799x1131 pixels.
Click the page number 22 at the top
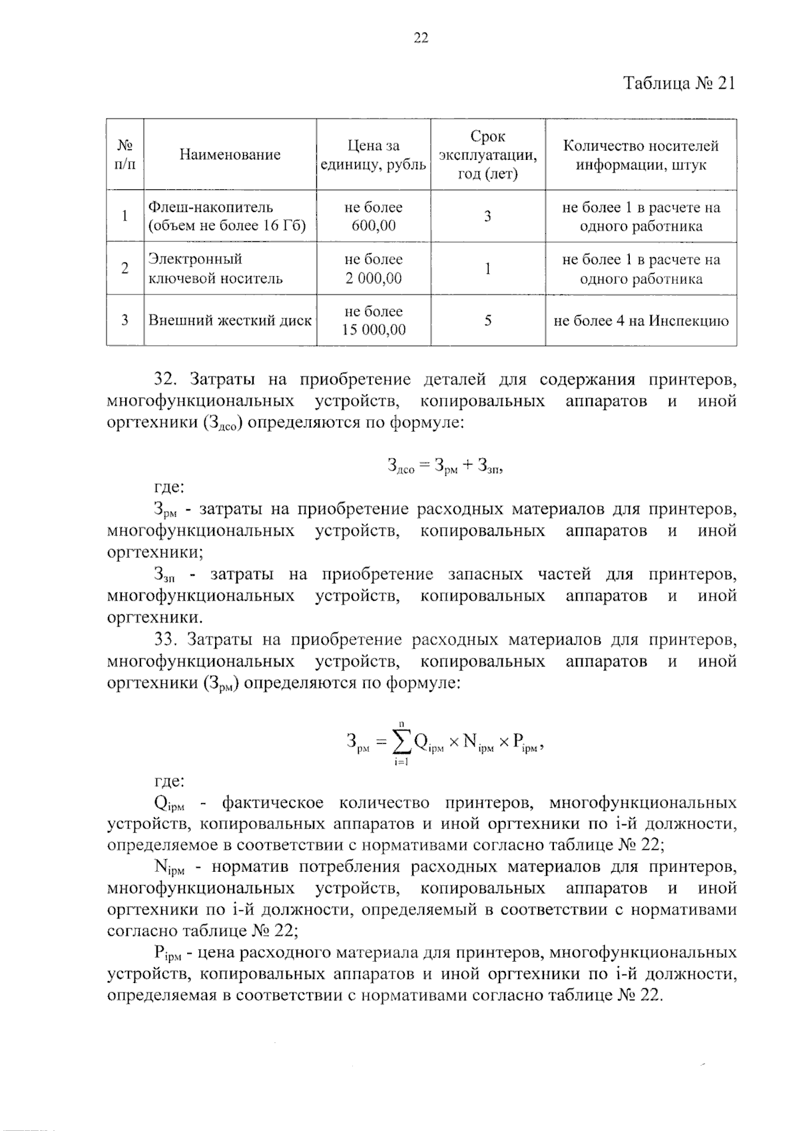tap(421, 38)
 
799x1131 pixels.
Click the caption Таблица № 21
tap(679, 84)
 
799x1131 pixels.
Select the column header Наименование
tap(230, 155)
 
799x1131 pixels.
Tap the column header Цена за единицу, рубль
tap(373, 155)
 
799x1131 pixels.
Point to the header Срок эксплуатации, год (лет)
tap(487, 155)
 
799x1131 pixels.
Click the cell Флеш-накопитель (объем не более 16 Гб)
tap(226, 217)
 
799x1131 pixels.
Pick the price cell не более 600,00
tap(373, 217)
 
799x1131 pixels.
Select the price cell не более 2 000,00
tap(373, 269)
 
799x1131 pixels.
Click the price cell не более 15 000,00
tap(373, 321)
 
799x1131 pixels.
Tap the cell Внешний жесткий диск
tap(230, 321)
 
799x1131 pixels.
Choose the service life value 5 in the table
tap(487, 321)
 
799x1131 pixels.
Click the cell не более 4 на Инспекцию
tap(641, 321)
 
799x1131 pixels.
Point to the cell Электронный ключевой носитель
tap(215, 269)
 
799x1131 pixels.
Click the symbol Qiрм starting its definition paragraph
tap(163, 804)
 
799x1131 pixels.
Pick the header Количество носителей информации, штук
tap(641, 155)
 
